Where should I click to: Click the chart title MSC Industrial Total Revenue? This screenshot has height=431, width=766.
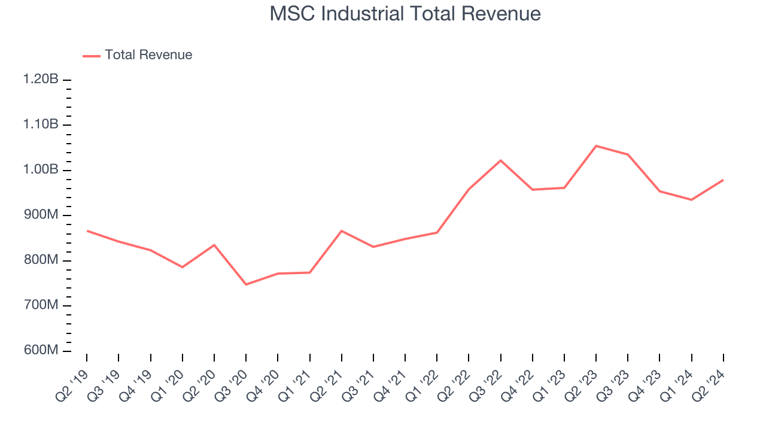pyautogui.click(x=405, y=14)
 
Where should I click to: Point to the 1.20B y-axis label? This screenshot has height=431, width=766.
pyautogui.click(x=41, y=80)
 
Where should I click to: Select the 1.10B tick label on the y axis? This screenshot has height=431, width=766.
pyautogui.click(x=41, y=125)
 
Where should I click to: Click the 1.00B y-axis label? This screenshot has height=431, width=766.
pyautogui.click(x=41, y=170)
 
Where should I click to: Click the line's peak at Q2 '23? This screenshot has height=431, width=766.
pyautogui.click(x=596, y=146)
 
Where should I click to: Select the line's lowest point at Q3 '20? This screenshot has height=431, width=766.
pyautogui.click(x=246, y=284)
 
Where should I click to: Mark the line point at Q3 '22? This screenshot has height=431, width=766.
pyautogui.click(x=500, y=160)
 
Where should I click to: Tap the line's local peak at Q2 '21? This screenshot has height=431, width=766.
pyautogui.click(x=341, y=230)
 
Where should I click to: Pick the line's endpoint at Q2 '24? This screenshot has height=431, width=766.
pyautogui.click(x=723, y=180)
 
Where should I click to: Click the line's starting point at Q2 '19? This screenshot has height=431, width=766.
pyautogui.click(x=87, y=230)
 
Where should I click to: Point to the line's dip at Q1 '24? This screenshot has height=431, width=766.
pyautogui.click(x=691, y=199)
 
